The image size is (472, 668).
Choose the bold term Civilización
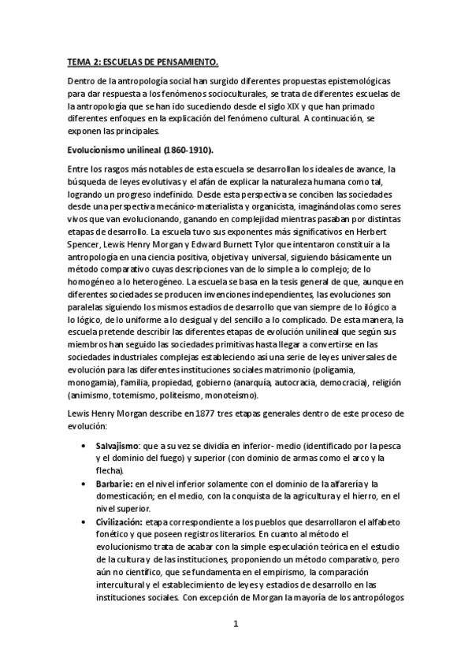point(121,521)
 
